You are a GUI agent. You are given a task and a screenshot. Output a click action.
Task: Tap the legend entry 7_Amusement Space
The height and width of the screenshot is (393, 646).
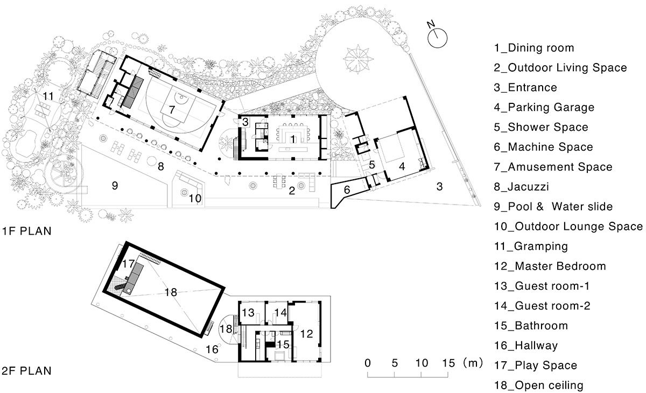click(x=553, y=167)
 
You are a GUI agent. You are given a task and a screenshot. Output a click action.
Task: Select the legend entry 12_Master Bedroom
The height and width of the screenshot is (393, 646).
click(x=550, y=266)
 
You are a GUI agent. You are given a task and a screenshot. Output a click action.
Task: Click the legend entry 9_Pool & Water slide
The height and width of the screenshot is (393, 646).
click(x=553, y=207)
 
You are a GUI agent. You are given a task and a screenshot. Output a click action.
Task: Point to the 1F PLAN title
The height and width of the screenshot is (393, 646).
click(x=26, y=231)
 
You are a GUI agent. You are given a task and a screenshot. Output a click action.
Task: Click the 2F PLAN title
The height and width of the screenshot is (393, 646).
click(x=26, y=371)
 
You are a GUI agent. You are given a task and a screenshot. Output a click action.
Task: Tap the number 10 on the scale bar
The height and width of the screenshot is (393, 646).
click(x=422, y=363)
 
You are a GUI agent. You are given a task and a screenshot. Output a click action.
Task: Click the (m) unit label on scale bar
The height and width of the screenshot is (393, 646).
click(x=473, y=363)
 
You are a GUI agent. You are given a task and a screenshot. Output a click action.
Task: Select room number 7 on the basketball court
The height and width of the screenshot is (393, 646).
click(x=172, y=110)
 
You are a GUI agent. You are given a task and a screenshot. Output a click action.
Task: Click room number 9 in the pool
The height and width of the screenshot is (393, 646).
click(x=115, y=185)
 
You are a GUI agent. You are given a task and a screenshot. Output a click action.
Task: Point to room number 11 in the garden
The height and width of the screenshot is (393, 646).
click(x=48, y=96)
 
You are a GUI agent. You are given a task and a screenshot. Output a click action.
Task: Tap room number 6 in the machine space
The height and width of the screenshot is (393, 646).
click(x=347, y=190)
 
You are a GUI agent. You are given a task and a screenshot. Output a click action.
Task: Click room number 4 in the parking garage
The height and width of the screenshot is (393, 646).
click(x=402, y=166)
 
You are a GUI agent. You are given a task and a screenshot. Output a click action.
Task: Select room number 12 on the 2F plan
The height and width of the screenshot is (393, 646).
click(x=306, y=334)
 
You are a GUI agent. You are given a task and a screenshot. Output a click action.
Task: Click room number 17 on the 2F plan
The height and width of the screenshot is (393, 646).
click(x=128, y=264)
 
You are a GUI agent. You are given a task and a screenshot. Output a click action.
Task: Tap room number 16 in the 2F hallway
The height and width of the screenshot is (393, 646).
click(x=212, y=349)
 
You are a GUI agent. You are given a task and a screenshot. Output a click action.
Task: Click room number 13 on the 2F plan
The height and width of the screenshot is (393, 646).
click(x=248, y=313)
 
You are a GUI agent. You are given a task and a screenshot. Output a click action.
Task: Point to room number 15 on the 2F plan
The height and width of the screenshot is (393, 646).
click(x=283, y=344)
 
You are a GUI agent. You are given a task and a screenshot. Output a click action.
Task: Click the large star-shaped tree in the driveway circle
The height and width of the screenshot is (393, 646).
click(x=358, y=59)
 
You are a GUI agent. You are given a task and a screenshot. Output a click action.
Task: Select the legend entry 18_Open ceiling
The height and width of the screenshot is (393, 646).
click(x=538, y=385)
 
